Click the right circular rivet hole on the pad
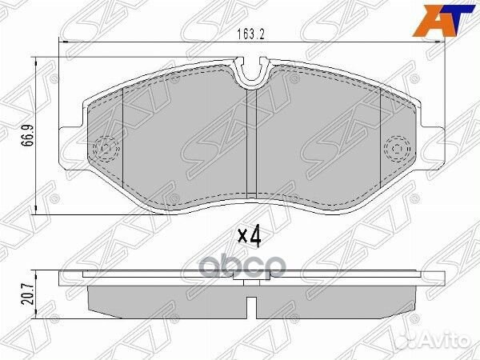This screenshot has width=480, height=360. [x=398, y=148]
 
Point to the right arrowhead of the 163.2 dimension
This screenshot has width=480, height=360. [x=439, y=42]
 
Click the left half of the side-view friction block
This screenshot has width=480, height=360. [x=168, y=299]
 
